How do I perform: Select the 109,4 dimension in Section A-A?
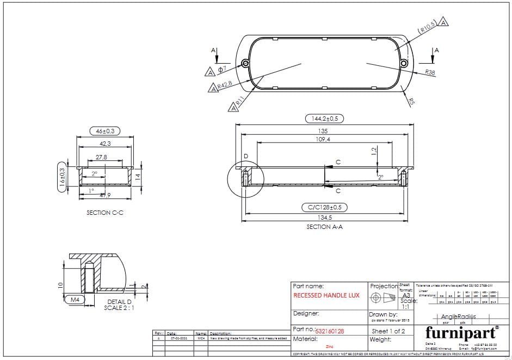coord(322,140)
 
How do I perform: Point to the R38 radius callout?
coord(430,72)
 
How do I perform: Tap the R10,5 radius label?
coord(428,27)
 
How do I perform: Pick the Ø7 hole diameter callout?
coord(222,70)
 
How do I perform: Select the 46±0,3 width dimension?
coord(105,131)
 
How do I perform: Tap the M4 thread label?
coord(72,299)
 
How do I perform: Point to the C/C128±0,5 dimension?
coord(324,207)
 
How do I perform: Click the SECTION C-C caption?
coord(105,213)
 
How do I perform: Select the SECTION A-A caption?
coord(324,227)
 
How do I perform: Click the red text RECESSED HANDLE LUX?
coord(326,295)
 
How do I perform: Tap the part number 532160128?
coord(330,331)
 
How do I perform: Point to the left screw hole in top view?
coord(246,64)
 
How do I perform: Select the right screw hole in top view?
coord(404,64)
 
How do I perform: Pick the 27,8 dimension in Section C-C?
coord(101,157)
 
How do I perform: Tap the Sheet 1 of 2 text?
coord(388,331)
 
